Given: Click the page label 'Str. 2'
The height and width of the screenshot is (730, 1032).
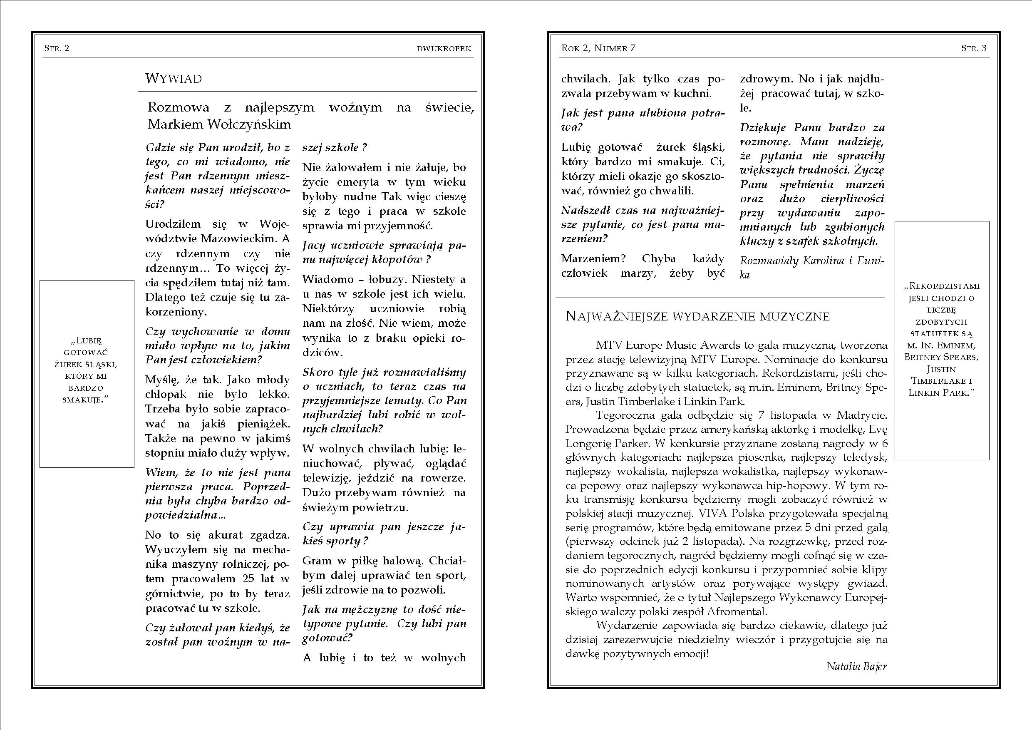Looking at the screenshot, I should [x=57, y=48].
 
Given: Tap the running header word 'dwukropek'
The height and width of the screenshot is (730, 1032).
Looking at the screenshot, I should [x=444, y=49].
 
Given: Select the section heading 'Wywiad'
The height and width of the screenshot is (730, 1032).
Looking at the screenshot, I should [x=174, y=79].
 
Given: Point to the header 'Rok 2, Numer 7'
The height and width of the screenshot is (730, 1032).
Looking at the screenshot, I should [x=598, y=48].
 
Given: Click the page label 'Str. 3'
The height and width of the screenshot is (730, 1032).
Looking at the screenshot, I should [x=974, y=48].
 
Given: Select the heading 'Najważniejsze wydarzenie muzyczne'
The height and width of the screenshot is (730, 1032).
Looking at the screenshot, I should [x=697, y=316].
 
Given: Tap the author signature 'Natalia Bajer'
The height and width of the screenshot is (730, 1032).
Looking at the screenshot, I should [x=857, y=666].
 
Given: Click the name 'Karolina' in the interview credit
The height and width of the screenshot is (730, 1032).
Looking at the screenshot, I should [x=826, y=261].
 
